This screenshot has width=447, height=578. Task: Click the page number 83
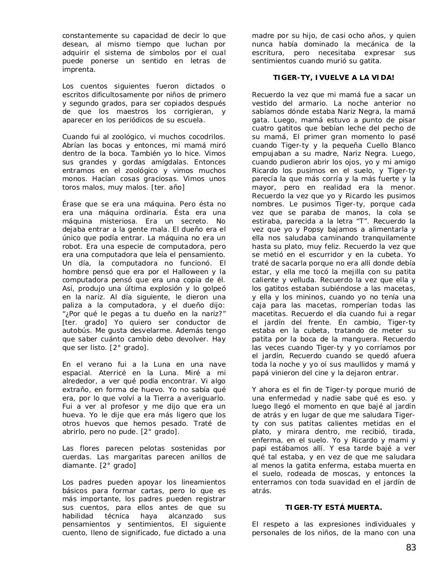tap(410, 548)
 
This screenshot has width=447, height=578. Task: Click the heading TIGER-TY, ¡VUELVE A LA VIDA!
tap(333, 78)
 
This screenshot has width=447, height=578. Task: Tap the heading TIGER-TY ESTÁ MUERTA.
tap(333, 507)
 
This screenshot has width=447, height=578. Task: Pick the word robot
tap(72, 247)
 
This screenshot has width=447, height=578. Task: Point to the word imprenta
tap(79, 70)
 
